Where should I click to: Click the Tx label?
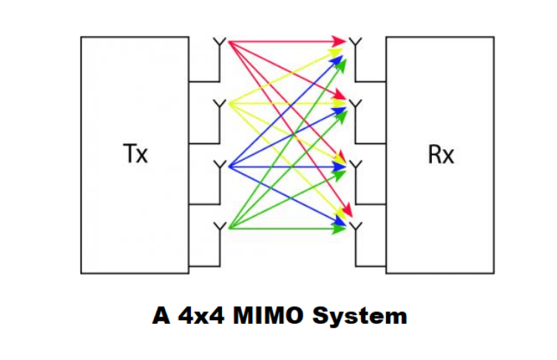tap(135, 155)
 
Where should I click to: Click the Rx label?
tap(441, 155)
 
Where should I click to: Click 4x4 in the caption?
tap(197, 316)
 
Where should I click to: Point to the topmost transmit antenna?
tap(219, 41)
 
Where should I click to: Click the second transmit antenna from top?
tap(219, 103)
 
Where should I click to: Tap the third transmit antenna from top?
tap(219, 166)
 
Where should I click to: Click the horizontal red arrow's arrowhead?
tap(341, 40)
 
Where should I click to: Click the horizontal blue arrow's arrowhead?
tap(341, 167)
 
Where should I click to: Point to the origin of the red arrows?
tap(230, 41)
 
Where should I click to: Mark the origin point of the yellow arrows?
tap(230, 103)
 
